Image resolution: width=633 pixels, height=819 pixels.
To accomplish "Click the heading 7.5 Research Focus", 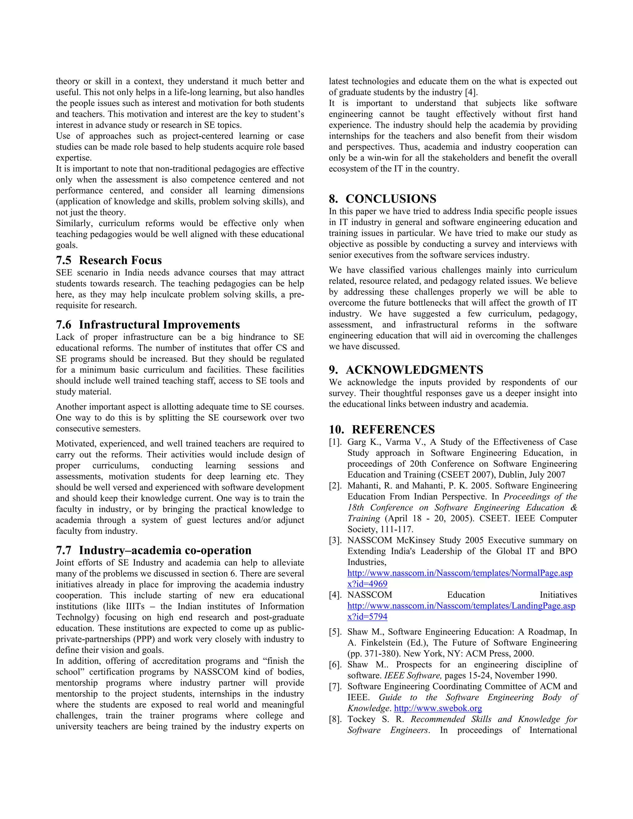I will pos(109,260).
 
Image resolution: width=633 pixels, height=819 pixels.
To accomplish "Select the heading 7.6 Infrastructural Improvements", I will pos(148,325).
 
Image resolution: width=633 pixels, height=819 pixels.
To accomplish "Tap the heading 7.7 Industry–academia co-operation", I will pos(153,550).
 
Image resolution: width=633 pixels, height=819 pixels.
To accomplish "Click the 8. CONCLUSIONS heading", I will pos(383,199).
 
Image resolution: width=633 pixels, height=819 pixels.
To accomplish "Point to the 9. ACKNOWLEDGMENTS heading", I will pos(406,370).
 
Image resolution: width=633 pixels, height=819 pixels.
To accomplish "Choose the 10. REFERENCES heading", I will pos(382,429).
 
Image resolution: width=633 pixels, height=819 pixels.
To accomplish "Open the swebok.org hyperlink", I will pos(438,708).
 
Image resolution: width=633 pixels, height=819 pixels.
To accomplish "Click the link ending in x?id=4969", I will pos(367,584).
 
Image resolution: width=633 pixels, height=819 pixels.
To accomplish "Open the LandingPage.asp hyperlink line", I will pos(461,606).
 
